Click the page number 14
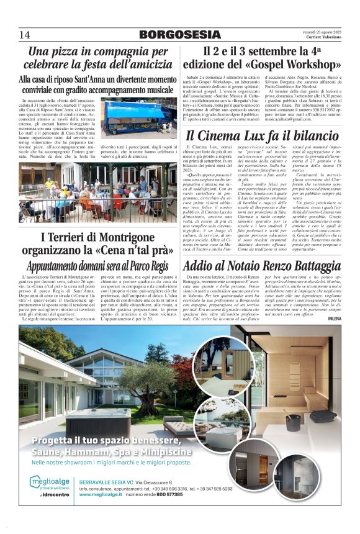click(x=24, y=34)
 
